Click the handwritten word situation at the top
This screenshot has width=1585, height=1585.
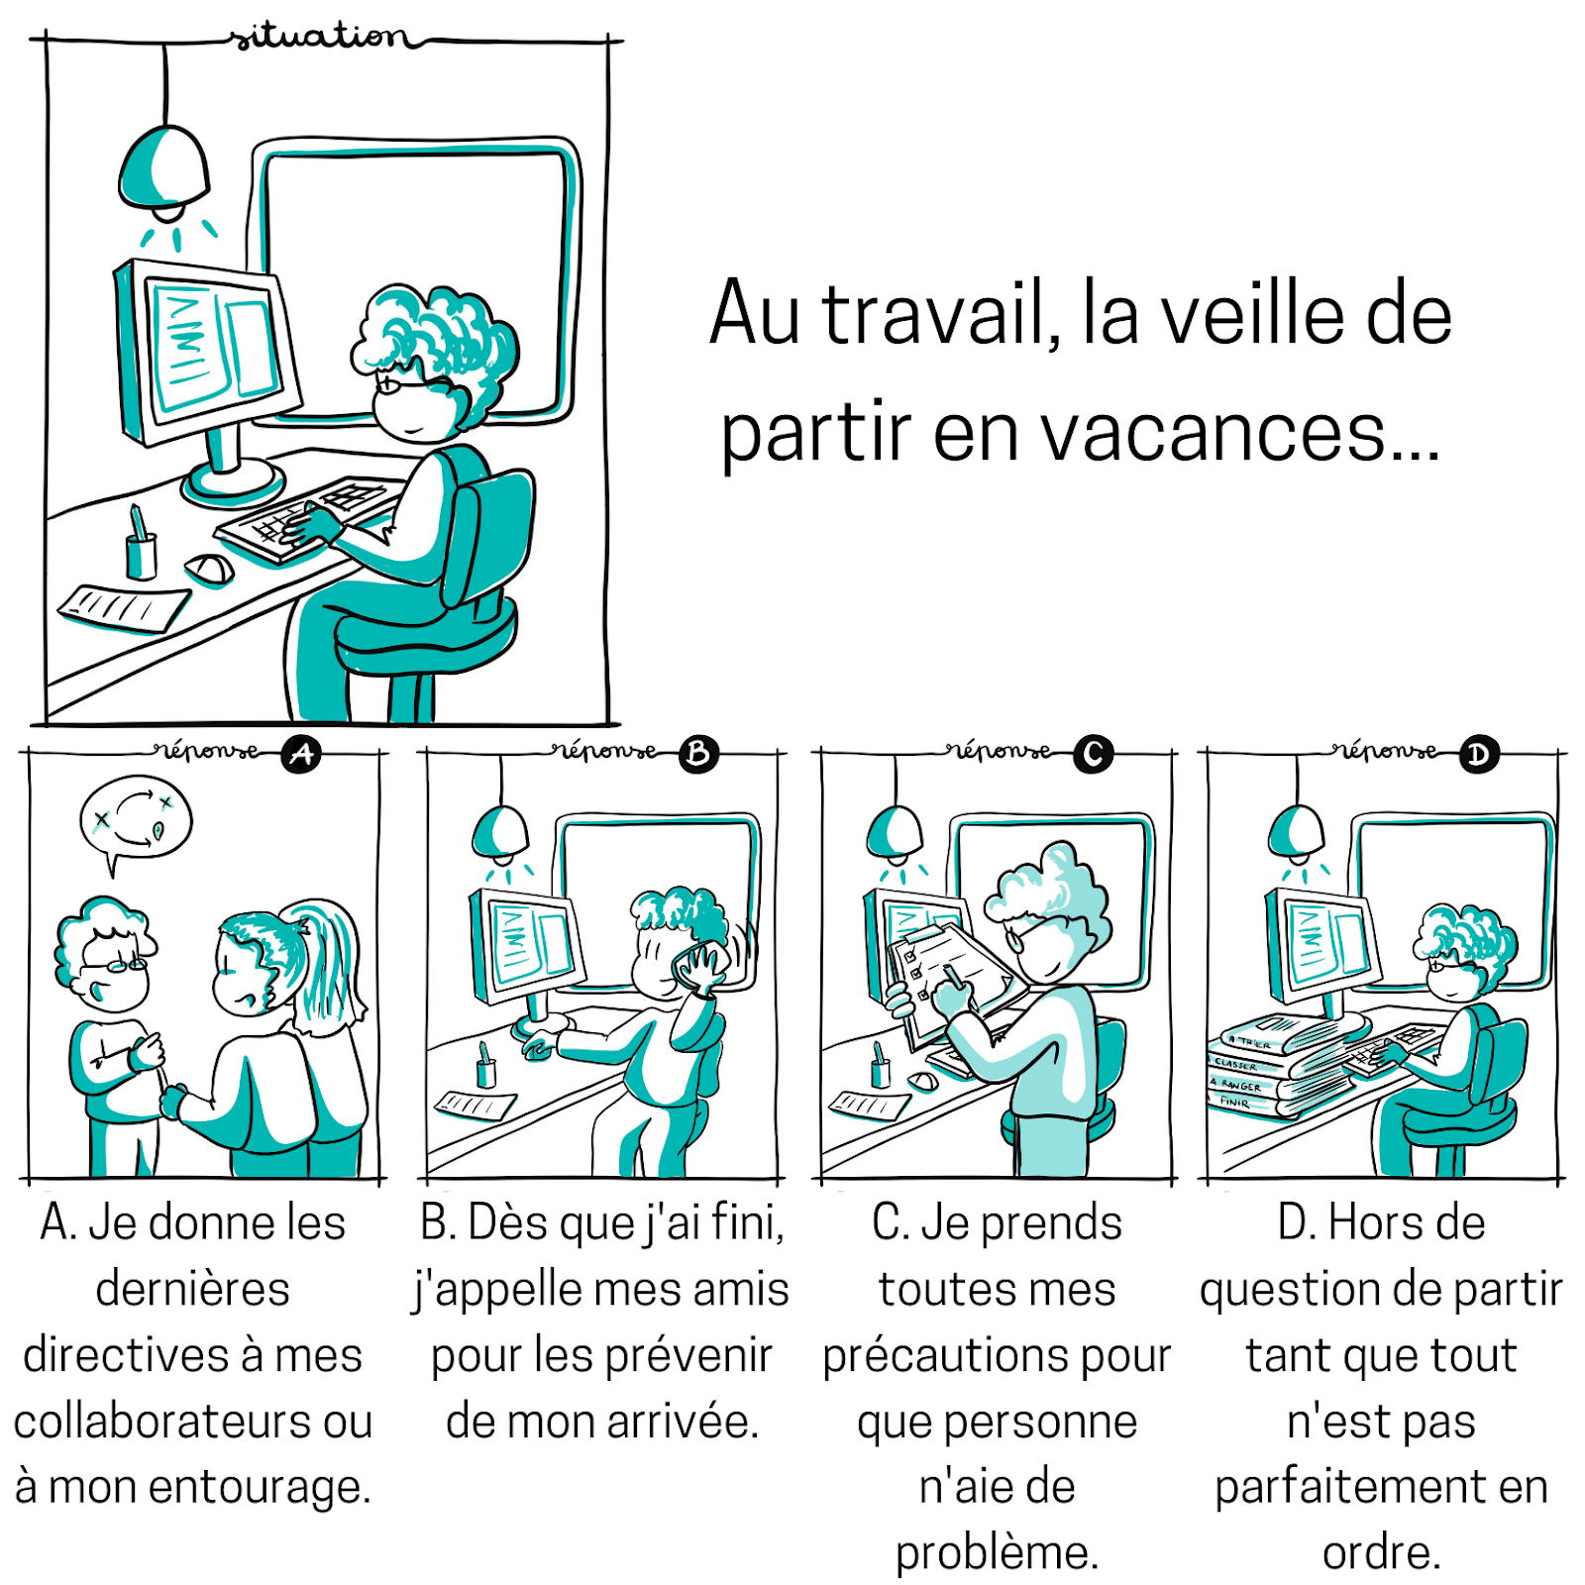[319, 37]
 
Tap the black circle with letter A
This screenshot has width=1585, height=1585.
[301, 755]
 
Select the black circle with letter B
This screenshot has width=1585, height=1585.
[698, 755]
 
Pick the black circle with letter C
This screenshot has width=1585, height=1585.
[1094, 755]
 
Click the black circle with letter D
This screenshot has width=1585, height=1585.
[1478, 756]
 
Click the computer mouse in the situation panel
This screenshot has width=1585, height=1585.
[210, 569]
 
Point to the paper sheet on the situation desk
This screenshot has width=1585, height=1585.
[124, 607]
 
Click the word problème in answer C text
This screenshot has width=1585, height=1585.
[997, 1552]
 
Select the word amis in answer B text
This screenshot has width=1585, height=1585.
[740, 1290]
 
